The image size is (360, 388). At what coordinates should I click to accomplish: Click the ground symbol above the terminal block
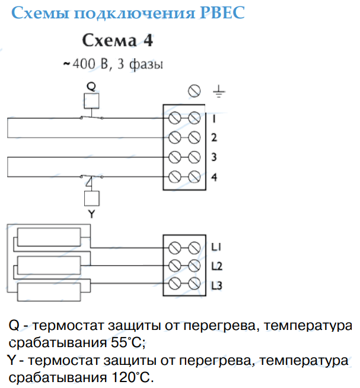pos(219,91)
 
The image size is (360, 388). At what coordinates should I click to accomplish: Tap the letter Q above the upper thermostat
pos(91,86)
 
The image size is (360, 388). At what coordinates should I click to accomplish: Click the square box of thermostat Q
pos(92,101)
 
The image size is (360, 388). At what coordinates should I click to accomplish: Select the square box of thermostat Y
pos(92,198)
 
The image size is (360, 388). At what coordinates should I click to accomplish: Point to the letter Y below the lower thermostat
pos(91,214)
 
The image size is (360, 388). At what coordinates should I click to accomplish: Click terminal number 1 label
pos(214,119)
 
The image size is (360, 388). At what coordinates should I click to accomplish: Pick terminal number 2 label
pos(214,137)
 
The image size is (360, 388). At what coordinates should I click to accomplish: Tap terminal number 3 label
pos(214,157)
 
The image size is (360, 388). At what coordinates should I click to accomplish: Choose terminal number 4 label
pos(214,177)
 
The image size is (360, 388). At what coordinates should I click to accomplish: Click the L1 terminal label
pos(216,247)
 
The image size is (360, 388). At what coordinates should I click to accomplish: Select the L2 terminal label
pos(217,266)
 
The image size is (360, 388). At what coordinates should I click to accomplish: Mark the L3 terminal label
pos(217,286)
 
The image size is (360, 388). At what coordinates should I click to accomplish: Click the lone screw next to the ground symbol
pos(195,91)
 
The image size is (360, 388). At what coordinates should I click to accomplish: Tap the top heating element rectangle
pos(49,237)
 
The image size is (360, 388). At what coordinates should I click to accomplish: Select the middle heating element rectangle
pos(49,265)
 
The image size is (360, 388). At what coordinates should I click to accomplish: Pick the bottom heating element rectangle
pos(49,292)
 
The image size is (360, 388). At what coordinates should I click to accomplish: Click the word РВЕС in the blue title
pos(222,12)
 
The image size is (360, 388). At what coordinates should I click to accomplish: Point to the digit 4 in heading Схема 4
pos(148,40)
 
